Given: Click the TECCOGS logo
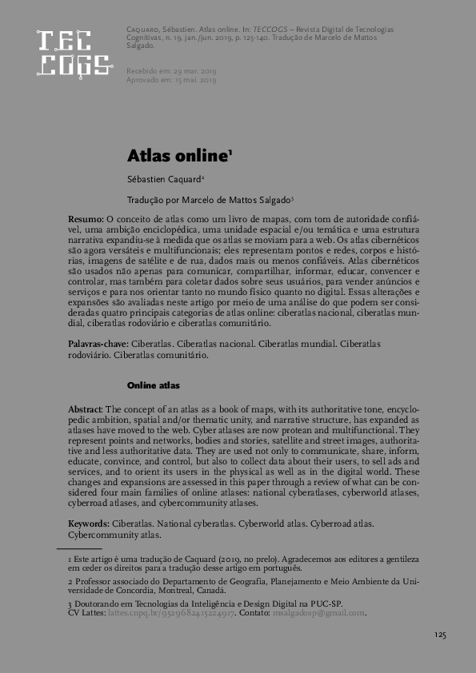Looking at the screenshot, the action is (74, 54).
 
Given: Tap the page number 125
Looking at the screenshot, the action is (439, 635).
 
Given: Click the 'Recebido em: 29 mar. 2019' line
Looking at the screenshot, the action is (171, 72).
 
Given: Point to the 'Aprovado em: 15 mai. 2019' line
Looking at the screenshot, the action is (171, 81).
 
